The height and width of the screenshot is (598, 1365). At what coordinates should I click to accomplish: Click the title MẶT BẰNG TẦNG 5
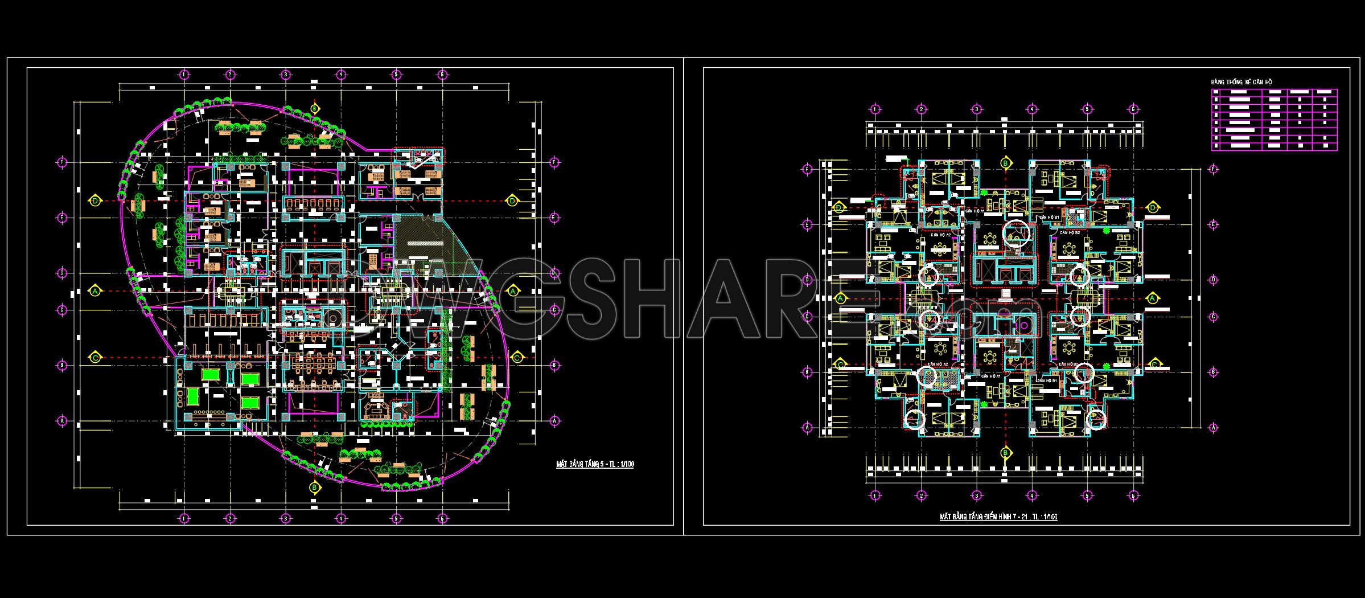pos(594,464)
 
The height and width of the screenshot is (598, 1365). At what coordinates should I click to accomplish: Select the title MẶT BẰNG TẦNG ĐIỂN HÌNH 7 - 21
pos(998,517)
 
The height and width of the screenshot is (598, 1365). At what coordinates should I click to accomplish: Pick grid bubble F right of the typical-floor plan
pos(1214,169)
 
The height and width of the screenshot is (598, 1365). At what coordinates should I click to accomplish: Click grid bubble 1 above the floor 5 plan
pos(184,75)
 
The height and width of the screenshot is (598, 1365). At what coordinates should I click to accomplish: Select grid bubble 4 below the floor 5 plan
pos(340,518)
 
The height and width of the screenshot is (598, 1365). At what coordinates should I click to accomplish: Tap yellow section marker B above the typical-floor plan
pos(1006,163)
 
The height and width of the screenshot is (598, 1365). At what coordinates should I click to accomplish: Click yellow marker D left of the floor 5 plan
pos(95,200)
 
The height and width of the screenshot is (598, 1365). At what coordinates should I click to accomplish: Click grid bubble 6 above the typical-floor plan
pos(1133,109)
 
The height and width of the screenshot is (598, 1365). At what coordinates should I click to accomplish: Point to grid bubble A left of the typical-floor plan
pos(807,427)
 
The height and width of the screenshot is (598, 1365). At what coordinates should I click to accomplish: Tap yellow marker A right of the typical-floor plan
pos(1153,298)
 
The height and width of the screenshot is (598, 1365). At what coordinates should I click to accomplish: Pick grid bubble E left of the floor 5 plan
pos(63,218)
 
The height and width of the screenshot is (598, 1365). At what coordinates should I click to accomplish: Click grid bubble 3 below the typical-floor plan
pos(976,496)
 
